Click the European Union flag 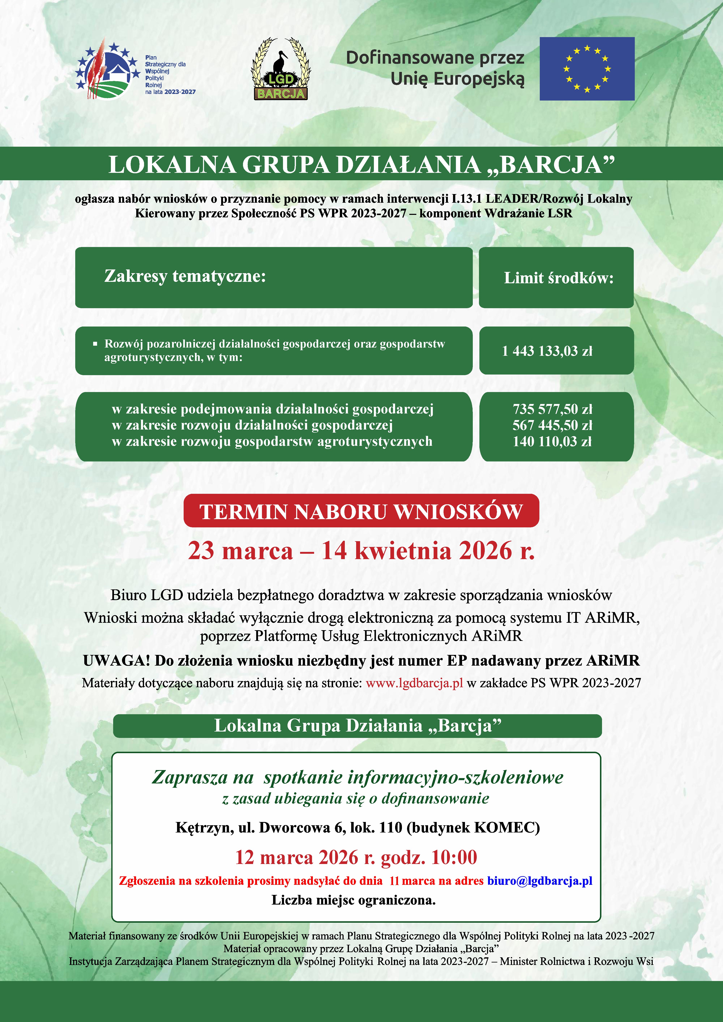pyautogui.click(x=587, y=69)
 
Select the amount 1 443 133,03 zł pyautogui.click(x=547, y=351)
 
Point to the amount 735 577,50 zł pyautogui.click(x=552, y=409)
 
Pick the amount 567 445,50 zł pyautogui.click(x=552, y=425)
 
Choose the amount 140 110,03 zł pyautogui.click(x=552, y=441)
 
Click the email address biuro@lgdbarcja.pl pyautogui.click(x=540, y=881)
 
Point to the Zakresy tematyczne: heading pyautogui.click(x=185, y=276)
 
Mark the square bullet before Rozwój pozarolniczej pyautogui.click(x=95, y=344)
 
